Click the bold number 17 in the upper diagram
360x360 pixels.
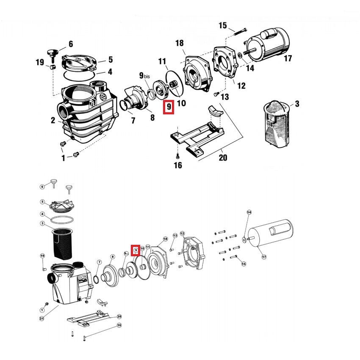[288, 58]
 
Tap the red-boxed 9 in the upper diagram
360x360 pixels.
[169, 108]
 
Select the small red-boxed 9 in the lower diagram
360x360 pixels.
[136, 250]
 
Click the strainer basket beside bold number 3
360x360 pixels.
[276, 122]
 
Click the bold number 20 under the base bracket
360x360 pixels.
[223, 158]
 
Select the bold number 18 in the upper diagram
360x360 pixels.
[179, 43]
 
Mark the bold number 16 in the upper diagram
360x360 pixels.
[178, 165]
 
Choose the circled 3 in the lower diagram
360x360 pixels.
[42, 223]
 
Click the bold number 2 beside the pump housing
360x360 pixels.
[53, 121]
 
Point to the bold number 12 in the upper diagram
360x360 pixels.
[241, 86]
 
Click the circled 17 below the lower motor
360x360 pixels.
[264, 257]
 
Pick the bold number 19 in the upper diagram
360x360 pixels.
[40, 63]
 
